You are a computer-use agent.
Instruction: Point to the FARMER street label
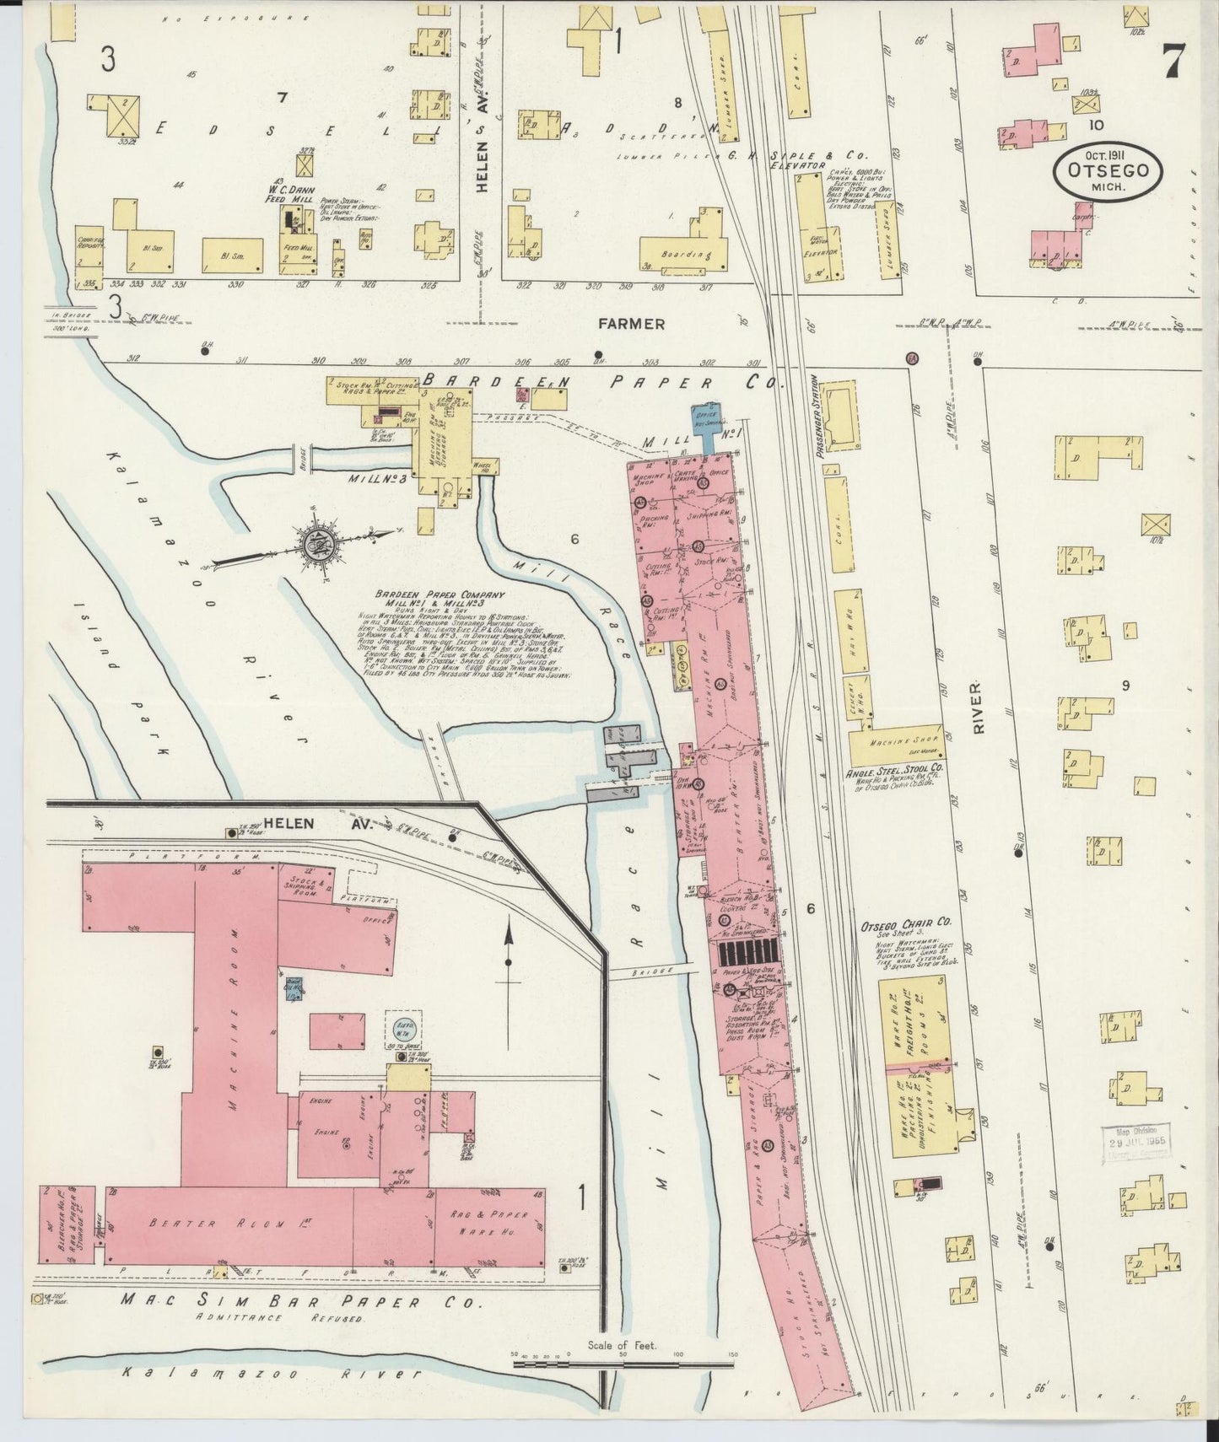632,323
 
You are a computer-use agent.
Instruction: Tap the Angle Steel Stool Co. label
896,770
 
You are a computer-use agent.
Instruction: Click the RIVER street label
979,708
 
